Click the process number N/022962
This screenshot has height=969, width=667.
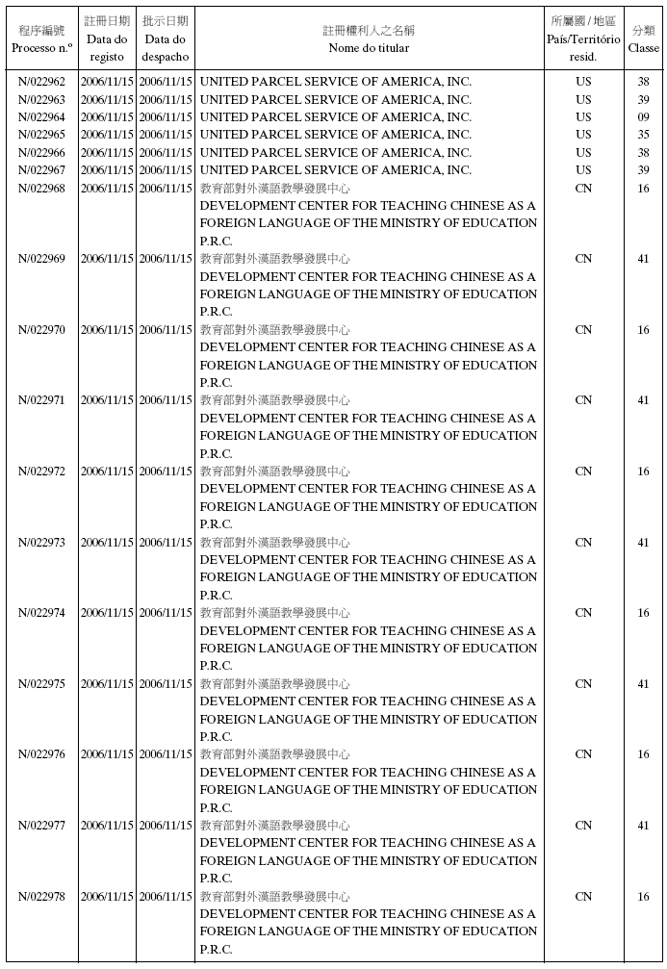(41, 82)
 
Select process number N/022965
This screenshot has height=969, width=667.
(41, 135)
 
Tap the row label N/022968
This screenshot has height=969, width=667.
(41, 188)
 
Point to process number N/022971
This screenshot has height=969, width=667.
(41, 400)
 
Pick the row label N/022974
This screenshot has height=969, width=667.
(41, 613)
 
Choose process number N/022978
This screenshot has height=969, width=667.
(41, 896)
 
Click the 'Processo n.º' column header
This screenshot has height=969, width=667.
(41, 47)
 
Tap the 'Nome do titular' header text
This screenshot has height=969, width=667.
(369, 47)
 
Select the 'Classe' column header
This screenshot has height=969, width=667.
(643, 47)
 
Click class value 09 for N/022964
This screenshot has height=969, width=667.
(643, 117)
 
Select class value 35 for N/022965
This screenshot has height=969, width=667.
(643, 135)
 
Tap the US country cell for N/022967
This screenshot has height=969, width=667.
(583, 170)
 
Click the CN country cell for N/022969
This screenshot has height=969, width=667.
(583, 259)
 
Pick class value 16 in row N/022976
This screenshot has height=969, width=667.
(643, 754)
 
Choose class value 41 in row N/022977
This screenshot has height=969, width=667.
(643, 826)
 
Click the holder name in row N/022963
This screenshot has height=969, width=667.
(335, 99)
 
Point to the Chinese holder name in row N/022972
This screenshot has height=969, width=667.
(275, 472)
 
